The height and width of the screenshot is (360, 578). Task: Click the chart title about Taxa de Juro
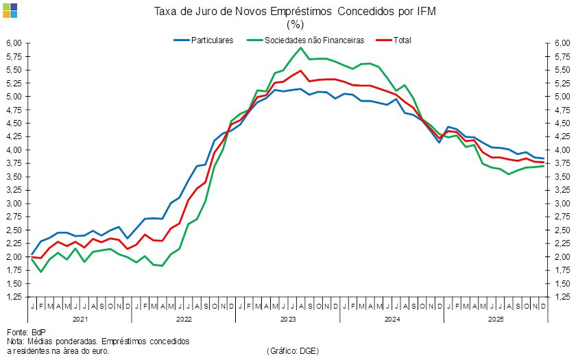pyautogui.click(x=295, y=12)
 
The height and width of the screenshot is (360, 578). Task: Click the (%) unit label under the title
pyautogui.click(x=295, y=24)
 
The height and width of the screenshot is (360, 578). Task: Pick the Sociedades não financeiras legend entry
pyautogui.click(x=308, y=40)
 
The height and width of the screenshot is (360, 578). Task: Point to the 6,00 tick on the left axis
pyautogui.click(x=15, y=43)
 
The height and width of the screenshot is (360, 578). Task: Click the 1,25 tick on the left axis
pyautogui.click(x=15, y=297)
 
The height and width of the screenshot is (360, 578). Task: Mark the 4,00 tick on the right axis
pyautogui.click(x=562, y=150)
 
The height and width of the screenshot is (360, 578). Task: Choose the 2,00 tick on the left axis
pyautogui.click(x=15, y=257)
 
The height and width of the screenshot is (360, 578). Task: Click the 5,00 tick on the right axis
pyautogui.click(x=562, y=97)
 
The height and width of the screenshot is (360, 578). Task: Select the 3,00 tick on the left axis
pyautogui.click(x=15, y=204)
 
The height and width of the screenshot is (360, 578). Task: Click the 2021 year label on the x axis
pyautogui.click(x=80, y=320)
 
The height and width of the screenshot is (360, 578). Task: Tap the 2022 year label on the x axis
pyautogui.click(x=184, y=320)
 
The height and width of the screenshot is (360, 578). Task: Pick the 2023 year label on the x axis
pyautogui.click(x=288, y=320)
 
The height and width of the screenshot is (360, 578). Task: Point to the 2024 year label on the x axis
pyautogui.click(x=392, y=320)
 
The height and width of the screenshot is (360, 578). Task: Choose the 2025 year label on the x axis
pyautogui.click(x=496, y=320)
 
